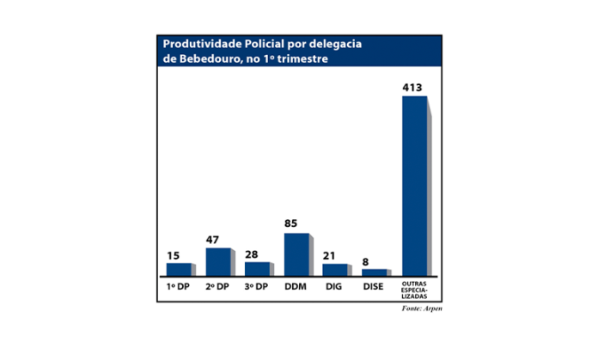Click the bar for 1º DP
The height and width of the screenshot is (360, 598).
178,268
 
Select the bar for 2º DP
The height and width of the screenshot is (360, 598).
217,260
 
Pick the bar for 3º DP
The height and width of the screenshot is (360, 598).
257,267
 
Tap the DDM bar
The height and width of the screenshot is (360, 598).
296,253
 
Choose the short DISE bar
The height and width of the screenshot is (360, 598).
375,271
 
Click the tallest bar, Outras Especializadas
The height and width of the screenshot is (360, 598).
414,185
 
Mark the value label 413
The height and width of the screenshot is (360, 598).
414,88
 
